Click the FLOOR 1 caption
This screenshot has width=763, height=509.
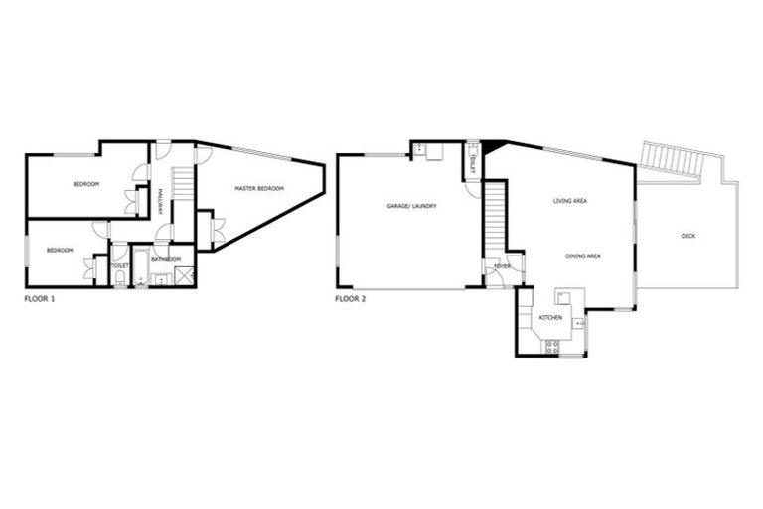(40, 298)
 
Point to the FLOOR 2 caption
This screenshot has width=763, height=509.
(352, 298)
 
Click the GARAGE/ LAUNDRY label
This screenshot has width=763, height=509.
(411, 206)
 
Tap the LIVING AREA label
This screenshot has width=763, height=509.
(570, 201)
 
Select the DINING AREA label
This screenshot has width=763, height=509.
(583, 256)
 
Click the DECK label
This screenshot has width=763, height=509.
(688, 236)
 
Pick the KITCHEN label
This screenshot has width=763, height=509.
(550, 317)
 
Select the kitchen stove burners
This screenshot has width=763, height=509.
(552, 346)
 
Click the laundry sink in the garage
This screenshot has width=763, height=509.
(421, 150)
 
